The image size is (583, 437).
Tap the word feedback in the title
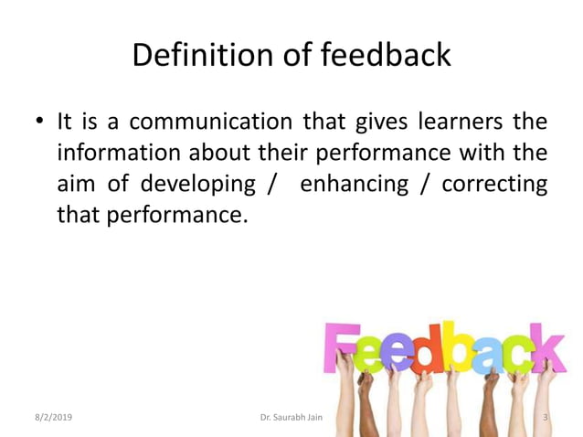(x=386, y=55)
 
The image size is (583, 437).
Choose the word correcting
(x=494, y=184)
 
